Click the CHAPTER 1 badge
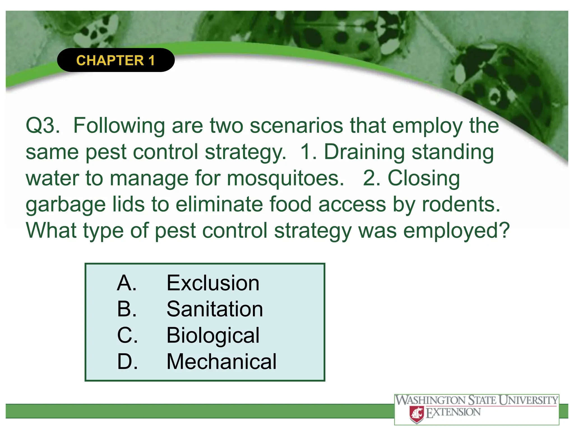[x=115, y=60]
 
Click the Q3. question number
[x=43, y=126]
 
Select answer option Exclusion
[x=213, y=283]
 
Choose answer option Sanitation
[x=215, y=309]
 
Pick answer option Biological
[x=213, y=335]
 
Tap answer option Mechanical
[x=221, y=362]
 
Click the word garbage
[x=66, y=205]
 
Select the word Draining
[x=364, y=152]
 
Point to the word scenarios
[x=296, y=126]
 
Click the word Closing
[x=423, y=178]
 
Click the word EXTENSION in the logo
[x=453, y=412]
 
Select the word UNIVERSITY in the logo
[x=529, y=400]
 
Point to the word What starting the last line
[x=51, y=231]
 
